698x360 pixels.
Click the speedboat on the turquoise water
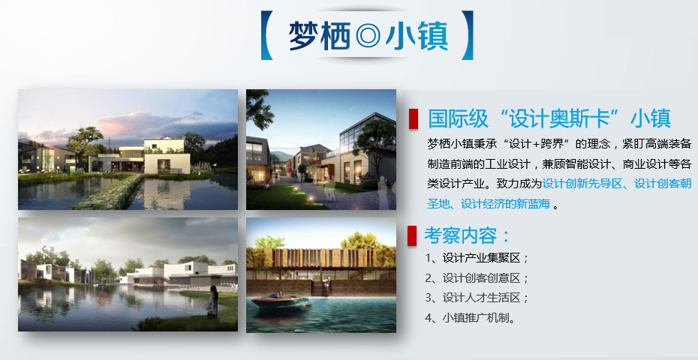281,301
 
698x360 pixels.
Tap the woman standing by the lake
212,302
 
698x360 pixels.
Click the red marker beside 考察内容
412,235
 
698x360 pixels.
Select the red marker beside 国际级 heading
413,118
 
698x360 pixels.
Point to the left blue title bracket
266,35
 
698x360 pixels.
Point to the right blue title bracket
467,35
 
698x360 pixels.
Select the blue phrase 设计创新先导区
582,183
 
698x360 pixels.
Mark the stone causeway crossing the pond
108,192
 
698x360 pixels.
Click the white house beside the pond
167,156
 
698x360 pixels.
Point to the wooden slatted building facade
319,258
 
